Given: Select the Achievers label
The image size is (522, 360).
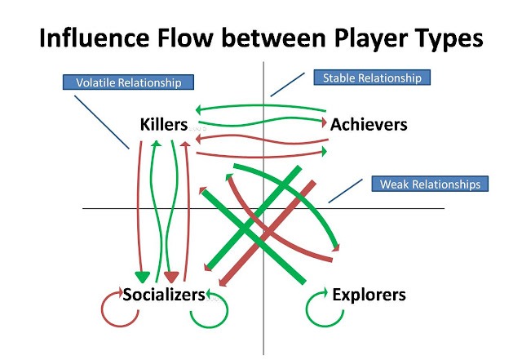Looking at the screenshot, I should (369, 124).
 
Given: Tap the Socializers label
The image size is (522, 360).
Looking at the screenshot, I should (163, 294).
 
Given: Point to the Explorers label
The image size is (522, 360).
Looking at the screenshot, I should (369, 294).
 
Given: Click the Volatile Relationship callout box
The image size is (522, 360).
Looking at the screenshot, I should (129, 82).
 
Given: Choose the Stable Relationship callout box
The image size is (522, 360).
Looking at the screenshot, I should (371, 78).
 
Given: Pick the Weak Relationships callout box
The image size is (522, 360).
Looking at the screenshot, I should (429, 184).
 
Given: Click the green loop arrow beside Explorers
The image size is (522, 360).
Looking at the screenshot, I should (320, 308).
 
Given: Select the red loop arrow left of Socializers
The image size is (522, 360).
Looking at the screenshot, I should (113, 308).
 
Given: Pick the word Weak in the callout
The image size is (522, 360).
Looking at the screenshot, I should (396, 184).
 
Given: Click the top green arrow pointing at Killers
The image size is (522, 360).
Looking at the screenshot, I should (261, 106).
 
